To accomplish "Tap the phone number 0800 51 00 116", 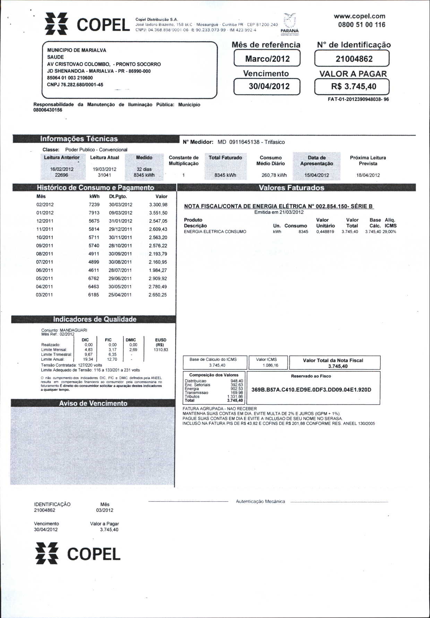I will [362, 25].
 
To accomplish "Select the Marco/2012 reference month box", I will [267, 59].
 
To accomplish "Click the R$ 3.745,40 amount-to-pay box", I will [352, 86].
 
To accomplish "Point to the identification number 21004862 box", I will [352, 59].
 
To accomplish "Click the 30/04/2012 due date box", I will [267, 86].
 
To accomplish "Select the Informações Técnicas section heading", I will [79, 139].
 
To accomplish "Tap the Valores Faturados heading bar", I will [291, 188].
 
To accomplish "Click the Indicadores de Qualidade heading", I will [94, 319].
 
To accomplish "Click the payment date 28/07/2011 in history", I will [120, 271].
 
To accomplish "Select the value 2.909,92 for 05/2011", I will [158, 278].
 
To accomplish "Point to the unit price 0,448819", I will [325, 232].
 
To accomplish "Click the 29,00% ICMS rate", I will [389, 232].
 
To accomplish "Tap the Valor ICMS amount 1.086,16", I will [270, 365].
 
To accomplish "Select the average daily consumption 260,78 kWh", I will [274, 175].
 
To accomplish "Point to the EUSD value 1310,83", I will [161, 350].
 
